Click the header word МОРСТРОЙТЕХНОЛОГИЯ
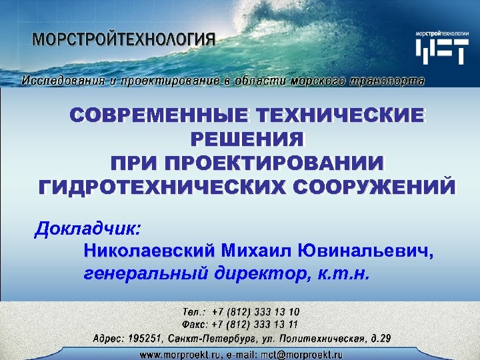coord(124,38)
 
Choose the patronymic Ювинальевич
coord(366,251)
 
